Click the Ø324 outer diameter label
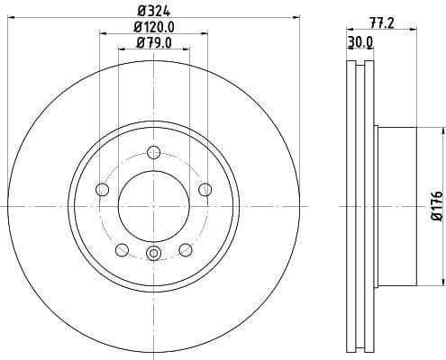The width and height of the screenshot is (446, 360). click(153, 11)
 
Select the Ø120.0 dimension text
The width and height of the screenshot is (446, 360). click(154, 27)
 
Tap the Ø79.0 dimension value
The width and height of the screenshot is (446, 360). click(154, 42)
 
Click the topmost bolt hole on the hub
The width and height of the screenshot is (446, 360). click(153, 151)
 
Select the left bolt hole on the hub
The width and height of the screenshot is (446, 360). click(102, 189)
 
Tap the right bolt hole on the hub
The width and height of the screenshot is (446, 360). click(205, 189)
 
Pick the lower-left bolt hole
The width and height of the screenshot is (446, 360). click(122, 249)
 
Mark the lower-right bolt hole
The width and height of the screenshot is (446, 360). click(185, 249)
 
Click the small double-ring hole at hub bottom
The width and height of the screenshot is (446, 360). click(153, 254)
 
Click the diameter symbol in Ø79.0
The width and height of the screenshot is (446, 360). click(140, 42)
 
